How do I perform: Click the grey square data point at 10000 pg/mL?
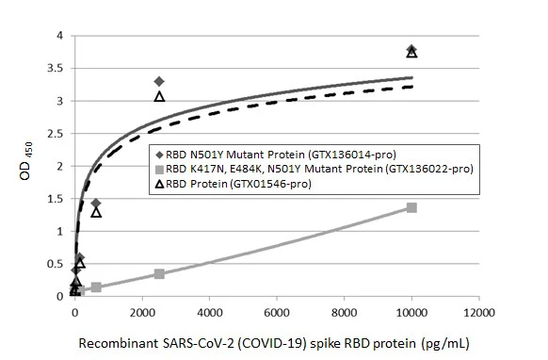coord(411,207)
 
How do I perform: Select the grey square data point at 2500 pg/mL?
coord(159,274)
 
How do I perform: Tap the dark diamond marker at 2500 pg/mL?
coord(159,82)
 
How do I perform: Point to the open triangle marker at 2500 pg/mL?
coord(159,96)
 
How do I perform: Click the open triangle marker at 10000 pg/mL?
coord(411,53)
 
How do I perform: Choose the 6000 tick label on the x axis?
coord(277,312)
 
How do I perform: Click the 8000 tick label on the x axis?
coord(345,312)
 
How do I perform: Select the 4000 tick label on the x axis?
coord(209,312)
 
